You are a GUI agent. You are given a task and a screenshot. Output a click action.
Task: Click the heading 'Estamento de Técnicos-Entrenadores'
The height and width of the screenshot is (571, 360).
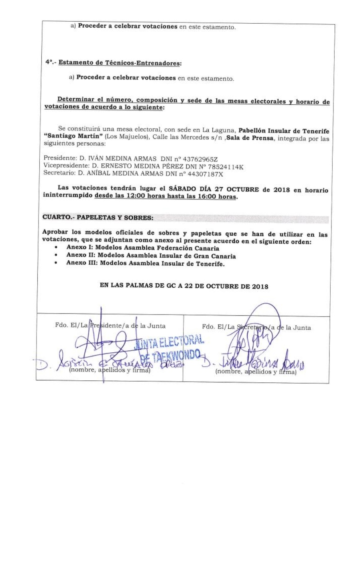point(120,63)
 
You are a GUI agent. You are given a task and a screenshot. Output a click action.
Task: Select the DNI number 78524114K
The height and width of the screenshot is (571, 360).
point(225,167)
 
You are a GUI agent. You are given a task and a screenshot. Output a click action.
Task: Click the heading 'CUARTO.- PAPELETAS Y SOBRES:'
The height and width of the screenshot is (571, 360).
point(98,217)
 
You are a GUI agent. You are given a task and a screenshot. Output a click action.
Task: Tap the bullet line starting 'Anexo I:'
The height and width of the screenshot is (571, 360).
point(142,248)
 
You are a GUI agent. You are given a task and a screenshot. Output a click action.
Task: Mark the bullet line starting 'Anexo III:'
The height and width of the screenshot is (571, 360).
point(145,263)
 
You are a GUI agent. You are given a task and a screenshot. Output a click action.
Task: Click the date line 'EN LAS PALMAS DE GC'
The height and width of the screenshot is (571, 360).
point(184,287)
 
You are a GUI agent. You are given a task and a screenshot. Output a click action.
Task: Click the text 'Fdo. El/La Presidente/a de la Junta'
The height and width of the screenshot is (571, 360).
point(110,326)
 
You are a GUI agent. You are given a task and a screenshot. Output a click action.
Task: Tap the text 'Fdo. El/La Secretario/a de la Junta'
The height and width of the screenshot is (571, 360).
point(256,327)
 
